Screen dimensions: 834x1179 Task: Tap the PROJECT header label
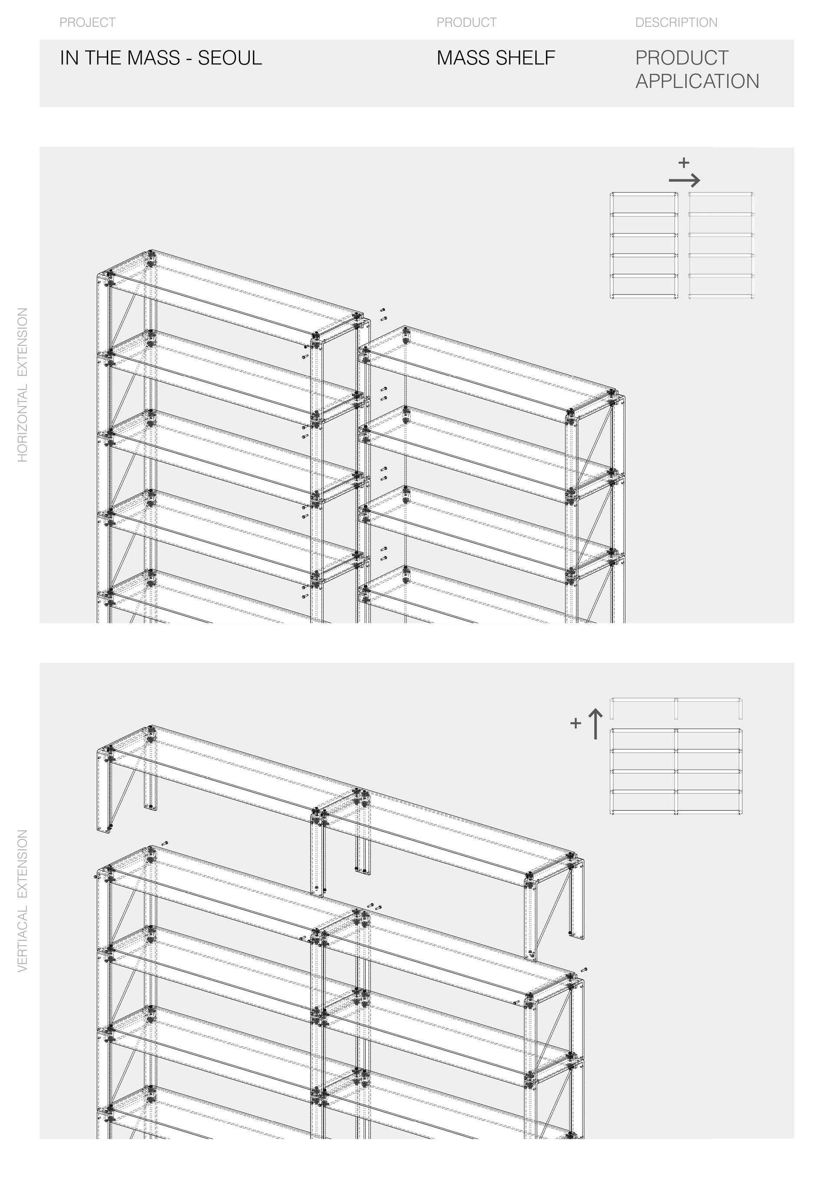click(x=87, y=23)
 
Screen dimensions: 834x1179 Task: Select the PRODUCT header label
click(x=466, y=23)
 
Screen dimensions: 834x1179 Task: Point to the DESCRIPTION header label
click(x=676, y=23)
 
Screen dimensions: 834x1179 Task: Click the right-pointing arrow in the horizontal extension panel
click(x=685, y=180)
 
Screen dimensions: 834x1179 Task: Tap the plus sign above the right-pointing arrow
click(x=684, y=163)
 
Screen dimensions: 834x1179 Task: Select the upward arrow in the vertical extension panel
click(x=595, y=724)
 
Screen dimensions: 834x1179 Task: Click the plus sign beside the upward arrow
click(x=576, y=723)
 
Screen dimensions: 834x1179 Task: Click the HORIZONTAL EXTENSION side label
click(x=23, y=385)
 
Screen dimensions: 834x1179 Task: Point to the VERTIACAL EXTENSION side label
click(x=23, y=901)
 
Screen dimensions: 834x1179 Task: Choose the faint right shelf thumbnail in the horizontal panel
click(x=721, y=245)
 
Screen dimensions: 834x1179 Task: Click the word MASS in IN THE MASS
click(x=152, y=58)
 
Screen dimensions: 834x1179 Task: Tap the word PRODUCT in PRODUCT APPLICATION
click(x=682, y=58)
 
